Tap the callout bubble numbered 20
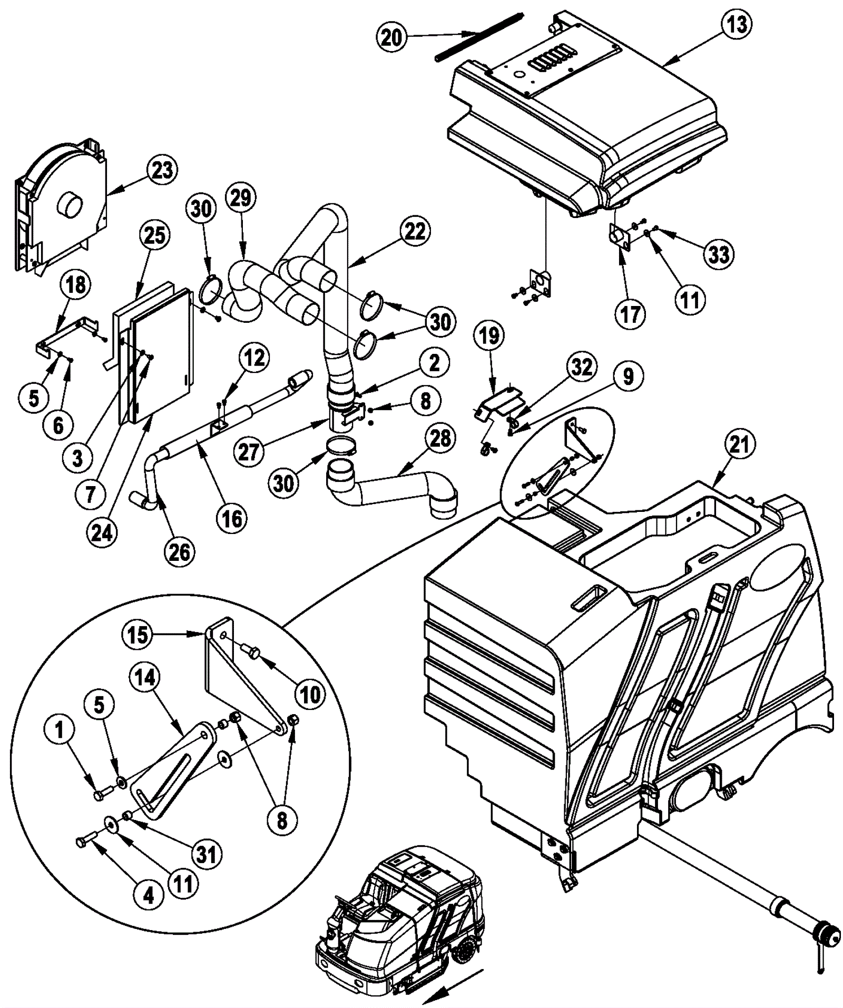[x=391, y=37]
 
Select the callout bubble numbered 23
[x=162, y=171]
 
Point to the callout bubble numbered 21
[x=738, y=445]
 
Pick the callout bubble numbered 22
[x=415, y=231]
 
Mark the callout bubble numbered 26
[x=179, y=552]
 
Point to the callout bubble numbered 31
[x=206, y=854]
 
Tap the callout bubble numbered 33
[x=719, y=254]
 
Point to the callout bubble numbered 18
[x=75, y=285]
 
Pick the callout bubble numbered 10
[x=310, y=695]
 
